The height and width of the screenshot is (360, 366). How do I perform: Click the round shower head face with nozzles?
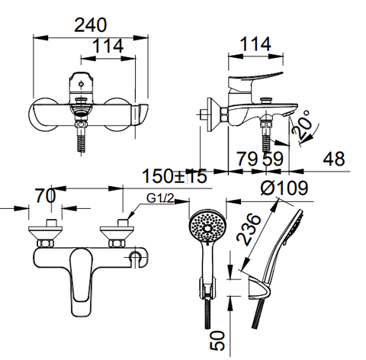click(205, 226)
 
